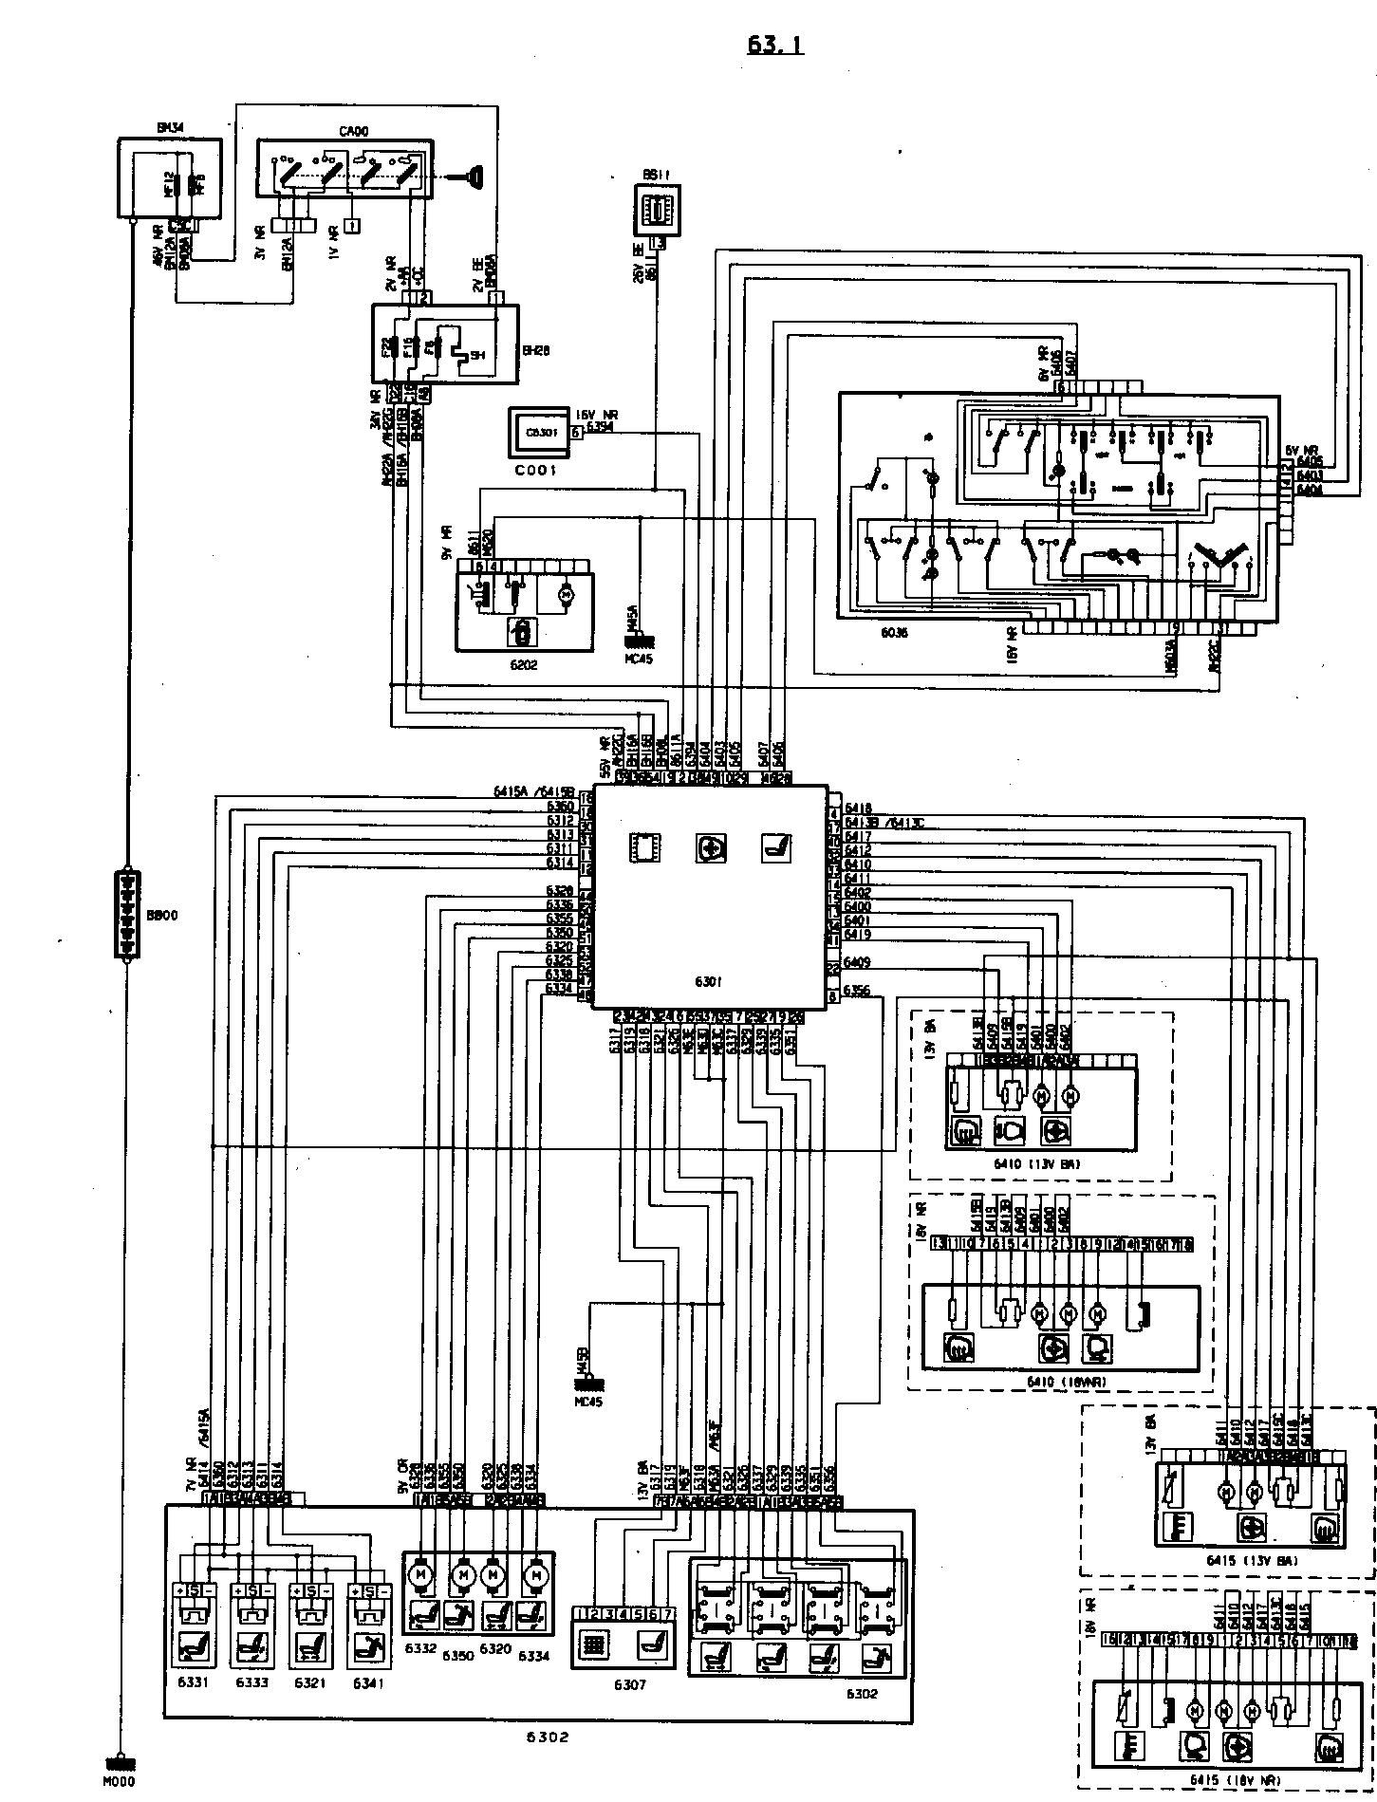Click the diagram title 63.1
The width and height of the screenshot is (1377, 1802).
[x=774, y=45]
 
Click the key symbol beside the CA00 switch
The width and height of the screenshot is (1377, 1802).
[x=470, y=175]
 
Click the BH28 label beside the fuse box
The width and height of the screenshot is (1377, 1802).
[x=536, y=350]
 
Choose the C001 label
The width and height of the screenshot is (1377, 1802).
[x=537, y=470]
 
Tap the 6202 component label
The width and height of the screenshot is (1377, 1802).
[x=523, y=664]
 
